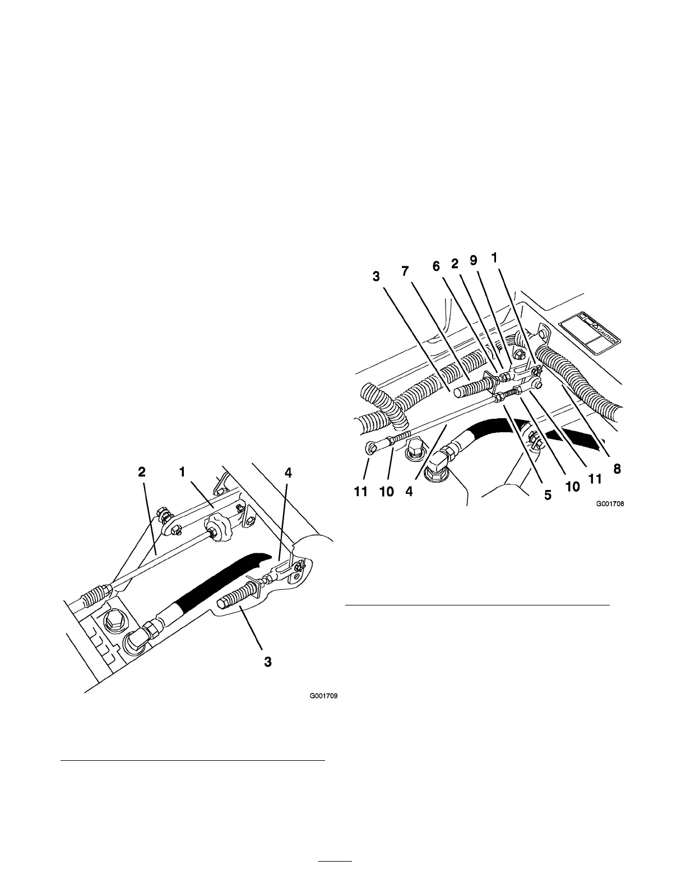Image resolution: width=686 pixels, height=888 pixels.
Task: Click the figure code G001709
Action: [325, 697]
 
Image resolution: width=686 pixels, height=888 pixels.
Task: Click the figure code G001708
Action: [610, 503]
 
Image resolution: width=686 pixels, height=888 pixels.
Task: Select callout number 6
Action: [436, 268]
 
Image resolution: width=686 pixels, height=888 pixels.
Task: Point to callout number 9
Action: [474, 261]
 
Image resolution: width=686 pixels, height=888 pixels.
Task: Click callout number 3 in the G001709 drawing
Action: [268, 662]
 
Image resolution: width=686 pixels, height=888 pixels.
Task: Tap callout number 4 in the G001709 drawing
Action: [288, 473]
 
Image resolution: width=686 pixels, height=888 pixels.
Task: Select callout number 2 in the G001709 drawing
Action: [142, 473]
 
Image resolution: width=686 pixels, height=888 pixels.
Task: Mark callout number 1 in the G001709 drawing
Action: [182, 473]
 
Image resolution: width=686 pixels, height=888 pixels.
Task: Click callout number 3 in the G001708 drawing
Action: [376, 276]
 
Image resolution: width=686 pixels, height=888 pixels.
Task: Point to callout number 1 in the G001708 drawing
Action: [494, 258]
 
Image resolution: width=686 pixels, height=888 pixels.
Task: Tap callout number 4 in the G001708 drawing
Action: [410, 492]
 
